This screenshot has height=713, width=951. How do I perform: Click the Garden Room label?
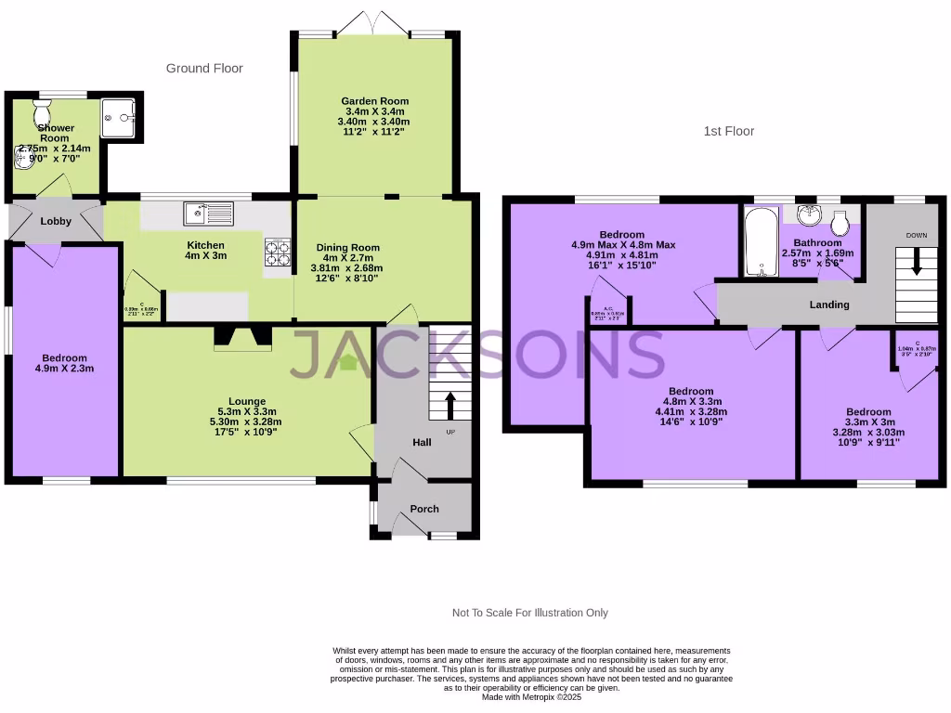(374, 101)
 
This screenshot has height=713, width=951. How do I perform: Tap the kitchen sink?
(208, 214)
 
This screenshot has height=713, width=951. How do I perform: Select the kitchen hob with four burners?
(278, 253)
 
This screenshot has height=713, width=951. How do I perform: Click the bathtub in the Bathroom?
(762, 242)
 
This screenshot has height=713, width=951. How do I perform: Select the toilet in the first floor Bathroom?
(840, 223)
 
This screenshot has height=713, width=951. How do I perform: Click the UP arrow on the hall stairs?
(451, 406)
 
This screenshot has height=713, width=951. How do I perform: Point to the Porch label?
(424, 509)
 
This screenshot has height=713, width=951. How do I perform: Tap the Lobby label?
(56, 221)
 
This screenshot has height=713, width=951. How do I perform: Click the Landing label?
(829, 305)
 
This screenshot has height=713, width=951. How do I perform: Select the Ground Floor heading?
(204, 69)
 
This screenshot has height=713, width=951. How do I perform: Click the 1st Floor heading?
(728, 132)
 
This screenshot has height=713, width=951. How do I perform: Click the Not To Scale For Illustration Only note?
(529, 613)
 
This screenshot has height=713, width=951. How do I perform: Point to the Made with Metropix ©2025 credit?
(532, 697)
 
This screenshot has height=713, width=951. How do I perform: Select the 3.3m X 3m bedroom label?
(867, 422)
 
